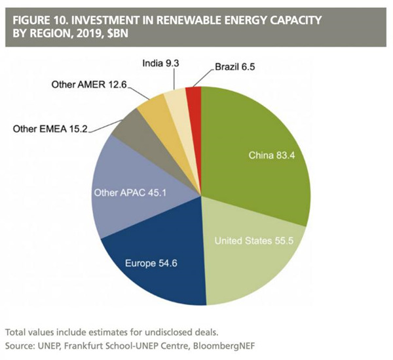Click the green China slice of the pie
pos(262,131)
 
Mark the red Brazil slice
pos(193,96)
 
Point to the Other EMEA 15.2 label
pos(49,129)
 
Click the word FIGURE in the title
pos(33,20)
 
